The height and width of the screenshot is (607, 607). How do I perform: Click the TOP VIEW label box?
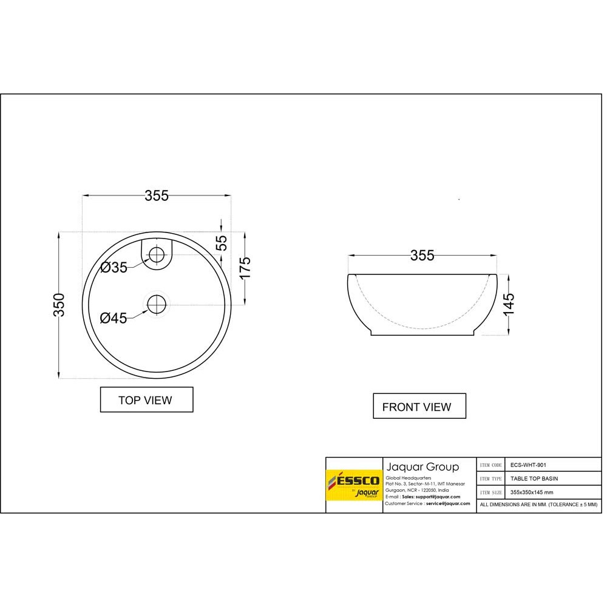[x=146, y=400]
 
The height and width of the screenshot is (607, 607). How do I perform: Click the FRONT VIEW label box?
[x=419, y=407]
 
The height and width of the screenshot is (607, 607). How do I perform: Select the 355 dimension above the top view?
[x=157, y=195]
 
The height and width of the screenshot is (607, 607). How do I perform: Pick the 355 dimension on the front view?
[x=422, y=256]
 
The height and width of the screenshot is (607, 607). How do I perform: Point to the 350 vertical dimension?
[x=59, y=305]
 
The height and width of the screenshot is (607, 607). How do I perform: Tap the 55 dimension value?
[x=222, y=243]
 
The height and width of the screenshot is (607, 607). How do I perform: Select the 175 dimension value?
[x=245, y=267]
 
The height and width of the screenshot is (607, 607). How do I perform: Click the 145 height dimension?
[x=508, y=304]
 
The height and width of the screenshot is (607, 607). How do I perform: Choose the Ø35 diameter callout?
[x=114, y=268]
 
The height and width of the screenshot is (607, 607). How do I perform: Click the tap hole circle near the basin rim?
[x=157, y=254]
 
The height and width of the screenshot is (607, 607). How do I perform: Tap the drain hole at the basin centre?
[x=157, y=304]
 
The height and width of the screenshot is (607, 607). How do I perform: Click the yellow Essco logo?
[x=354, y=485]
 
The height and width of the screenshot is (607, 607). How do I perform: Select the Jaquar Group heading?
[x=422, y=467]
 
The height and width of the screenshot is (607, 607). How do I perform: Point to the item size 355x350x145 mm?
[x=532, y=492]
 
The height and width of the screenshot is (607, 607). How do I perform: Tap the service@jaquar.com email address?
[x=447, y=504]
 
